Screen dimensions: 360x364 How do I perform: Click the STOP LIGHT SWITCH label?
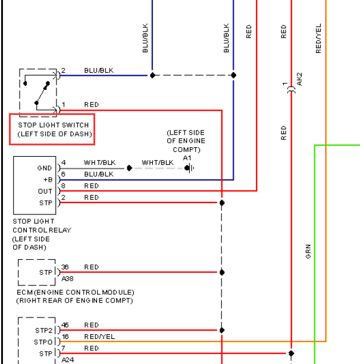click(54, 125)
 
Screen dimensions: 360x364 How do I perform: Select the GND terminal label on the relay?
click(45, 168)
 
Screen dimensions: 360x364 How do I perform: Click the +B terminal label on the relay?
click(48, 180)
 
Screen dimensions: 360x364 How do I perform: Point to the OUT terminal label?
click(45, 191)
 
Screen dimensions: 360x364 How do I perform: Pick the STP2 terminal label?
click(44, 330)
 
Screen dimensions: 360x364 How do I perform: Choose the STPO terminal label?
click(43, 342)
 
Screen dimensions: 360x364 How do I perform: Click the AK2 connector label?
click(299, 79)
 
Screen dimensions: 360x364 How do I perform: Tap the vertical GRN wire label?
click(308, 251)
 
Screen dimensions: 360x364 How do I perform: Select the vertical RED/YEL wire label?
click(318, 38)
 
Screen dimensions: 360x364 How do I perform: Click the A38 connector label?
click(67, 278)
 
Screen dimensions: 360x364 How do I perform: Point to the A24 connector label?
click(68, 360)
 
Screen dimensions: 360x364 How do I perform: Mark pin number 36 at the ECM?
click(65, 267)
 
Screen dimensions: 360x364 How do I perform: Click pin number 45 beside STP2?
click(65, 325)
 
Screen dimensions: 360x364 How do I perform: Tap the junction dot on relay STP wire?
click(222, 203)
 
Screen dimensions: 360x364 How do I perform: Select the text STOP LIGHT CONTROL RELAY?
click(42, 226)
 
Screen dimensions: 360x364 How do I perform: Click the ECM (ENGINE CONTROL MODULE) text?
click(76, 293)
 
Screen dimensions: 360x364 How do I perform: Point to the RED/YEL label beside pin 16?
click(99, 337)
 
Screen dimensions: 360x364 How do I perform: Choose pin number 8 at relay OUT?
click(63, 186)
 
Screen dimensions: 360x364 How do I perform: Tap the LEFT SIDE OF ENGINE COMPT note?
click(186, 141)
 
